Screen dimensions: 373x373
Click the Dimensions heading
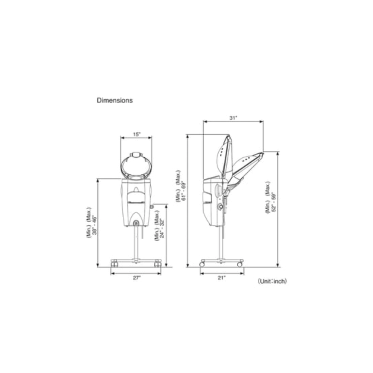[x=115, y=100]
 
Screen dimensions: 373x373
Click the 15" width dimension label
[x=137, y=134]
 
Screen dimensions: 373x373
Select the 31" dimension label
[x=233, y=118]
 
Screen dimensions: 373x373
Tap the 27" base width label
[x=137, y=278]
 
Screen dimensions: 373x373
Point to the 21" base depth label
[x=222, y=278]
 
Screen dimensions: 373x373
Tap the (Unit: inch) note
[x=272, y=281]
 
